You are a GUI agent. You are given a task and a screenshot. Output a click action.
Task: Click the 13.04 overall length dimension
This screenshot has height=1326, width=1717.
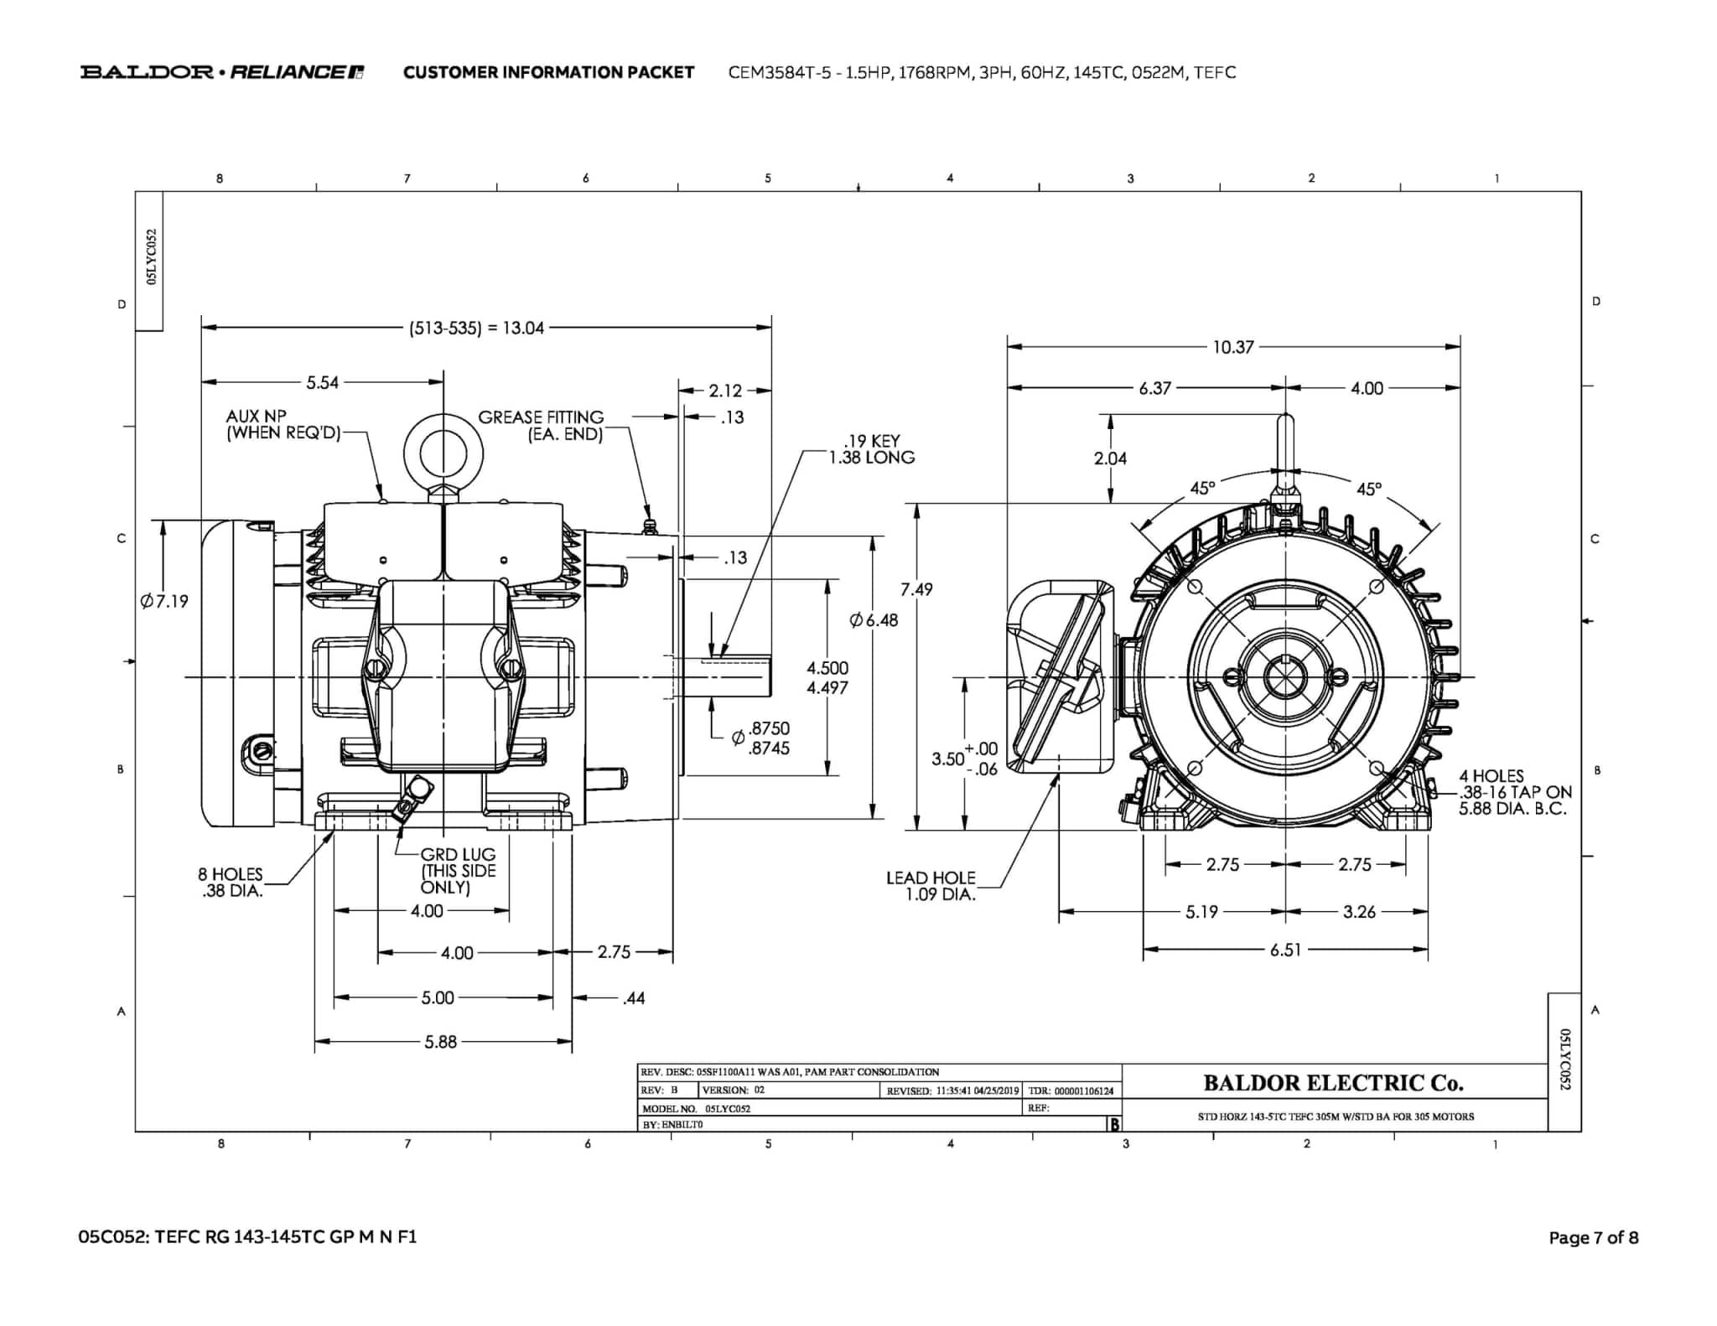pyautogui.click(x=477, y=328)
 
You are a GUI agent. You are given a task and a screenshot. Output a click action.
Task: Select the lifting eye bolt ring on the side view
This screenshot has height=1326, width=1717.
pyautogui.click(x=443, y=454)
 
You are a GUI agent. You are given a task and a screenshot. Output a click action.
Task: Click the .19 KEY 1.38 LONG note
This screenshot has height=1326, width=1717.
pyautogui.click(x=871, y=449)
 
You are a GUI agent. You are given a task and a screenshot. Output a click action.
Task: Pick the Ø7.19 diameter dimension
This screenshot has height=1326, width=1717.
pyautogui.click(x=165, y=601)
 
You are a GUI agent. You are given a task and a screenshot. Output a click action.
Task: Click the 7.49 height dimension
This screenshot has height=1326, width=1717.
pyautogui.click(x=916, y=589)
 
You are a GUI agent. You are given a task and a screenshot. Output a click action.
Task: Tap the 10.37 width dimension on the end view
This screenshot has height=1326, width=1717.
pyautogui.click(x=1232, y=347)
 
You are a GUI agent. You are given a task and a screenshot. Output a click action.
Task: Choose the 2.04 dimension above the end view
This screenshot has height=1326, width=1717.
pyautogui.click(x=1110, y=458)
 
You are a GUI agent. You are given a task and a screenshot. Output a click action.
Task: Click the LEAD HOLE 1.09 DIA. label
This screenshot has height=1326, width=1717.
pyautogui.click(x=931, y=886)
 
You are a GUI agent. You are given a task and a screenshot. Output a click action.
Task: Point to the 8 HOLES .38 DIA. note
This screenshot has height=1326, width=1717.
pyautogui.click(x=231, y=883)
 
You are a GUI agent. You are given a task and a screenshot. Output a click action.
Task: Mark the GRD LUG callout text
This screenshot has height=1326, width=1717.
pyautogui.click(x=458, y=871)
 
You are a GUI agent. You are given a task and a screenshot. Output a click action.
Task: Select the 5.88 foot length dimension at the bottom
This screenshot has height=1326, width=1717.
pyautogui.click(x=440, y=1042)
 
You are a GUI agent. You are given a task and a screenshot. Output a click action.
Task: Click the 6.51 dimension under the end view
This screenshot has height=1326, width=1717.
pyautogui.click(x=1284, y=950)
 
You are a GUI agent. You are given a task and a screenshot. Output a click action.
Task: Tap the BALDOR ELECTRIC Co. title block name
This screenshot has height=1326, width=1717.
pyautogui.click(x=1333, y=1083)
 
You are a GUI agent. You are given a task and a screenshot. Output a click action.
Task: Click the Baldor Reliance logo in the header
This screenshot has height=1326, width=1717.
pyautogui.click(x=222, y=72)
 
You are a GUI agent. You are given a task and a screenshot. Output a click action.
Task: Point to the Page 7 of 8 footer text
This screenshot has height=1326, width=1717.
pyautogui.click(x=1593, y=1237)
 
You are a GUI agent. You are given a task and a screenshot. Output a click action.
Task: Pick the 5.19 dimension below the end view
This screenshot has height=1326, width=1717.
pyautogui.click(x=1201, y=912)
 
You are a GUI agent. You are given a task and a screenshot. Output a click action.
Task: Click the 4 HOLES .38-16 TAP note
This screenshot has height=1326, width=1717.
pyautogui.click(x=1514, y=792)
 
